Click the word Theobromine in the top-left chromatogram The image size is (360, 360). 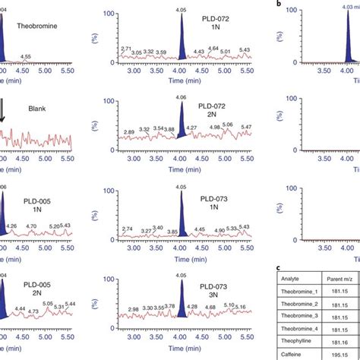coord(37,26)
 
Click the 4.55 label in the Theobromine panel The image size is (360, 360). coord(26,56)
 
